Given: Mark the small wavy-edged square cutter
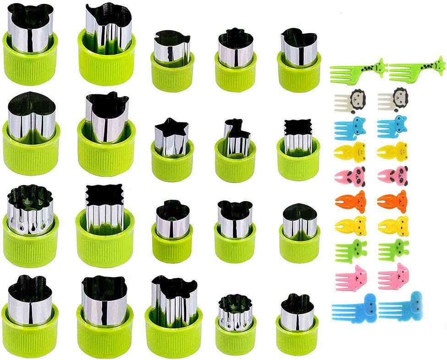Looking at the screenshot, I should tap(298, 137).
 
